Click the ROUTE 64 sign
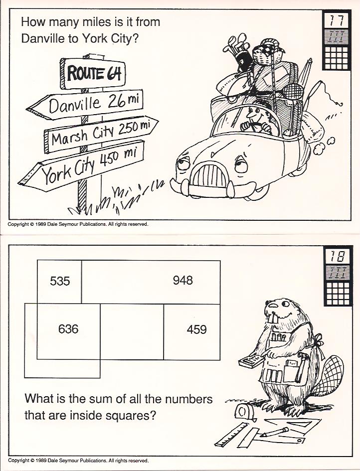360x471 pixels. pos(93,73)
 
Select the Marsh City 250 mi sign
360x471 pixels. pos(101,134)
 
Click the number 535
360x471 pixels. pos(60,281)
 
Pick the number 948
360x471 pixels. pos(182,281)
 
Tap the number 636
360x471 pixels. pos(68,329)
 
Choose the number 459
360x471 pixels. pos(196,329)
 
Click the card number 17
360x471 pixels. pos(337,20)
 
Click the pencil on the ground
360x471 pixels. pos(274,432)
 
